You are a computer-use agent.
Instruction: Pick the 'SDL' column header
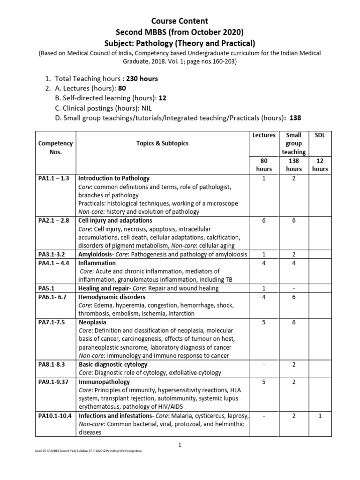320,135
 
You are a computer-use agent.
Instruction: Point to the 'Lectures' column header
263,135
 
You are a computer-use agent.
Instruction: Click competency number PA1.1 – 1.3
53,178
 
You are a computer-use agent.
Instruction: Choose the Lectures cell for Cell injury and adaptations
263,220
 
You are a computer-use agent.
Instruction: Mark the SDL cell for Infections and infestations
320,416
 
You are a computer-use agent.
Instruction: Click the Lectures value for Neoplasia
263,322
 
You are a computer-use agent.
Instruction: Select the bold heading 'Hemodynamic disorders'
112,297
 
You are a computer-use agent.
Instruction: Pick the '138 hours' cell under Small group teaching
294,165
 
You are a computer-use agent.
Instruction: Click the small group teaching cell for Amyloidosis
294,255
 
